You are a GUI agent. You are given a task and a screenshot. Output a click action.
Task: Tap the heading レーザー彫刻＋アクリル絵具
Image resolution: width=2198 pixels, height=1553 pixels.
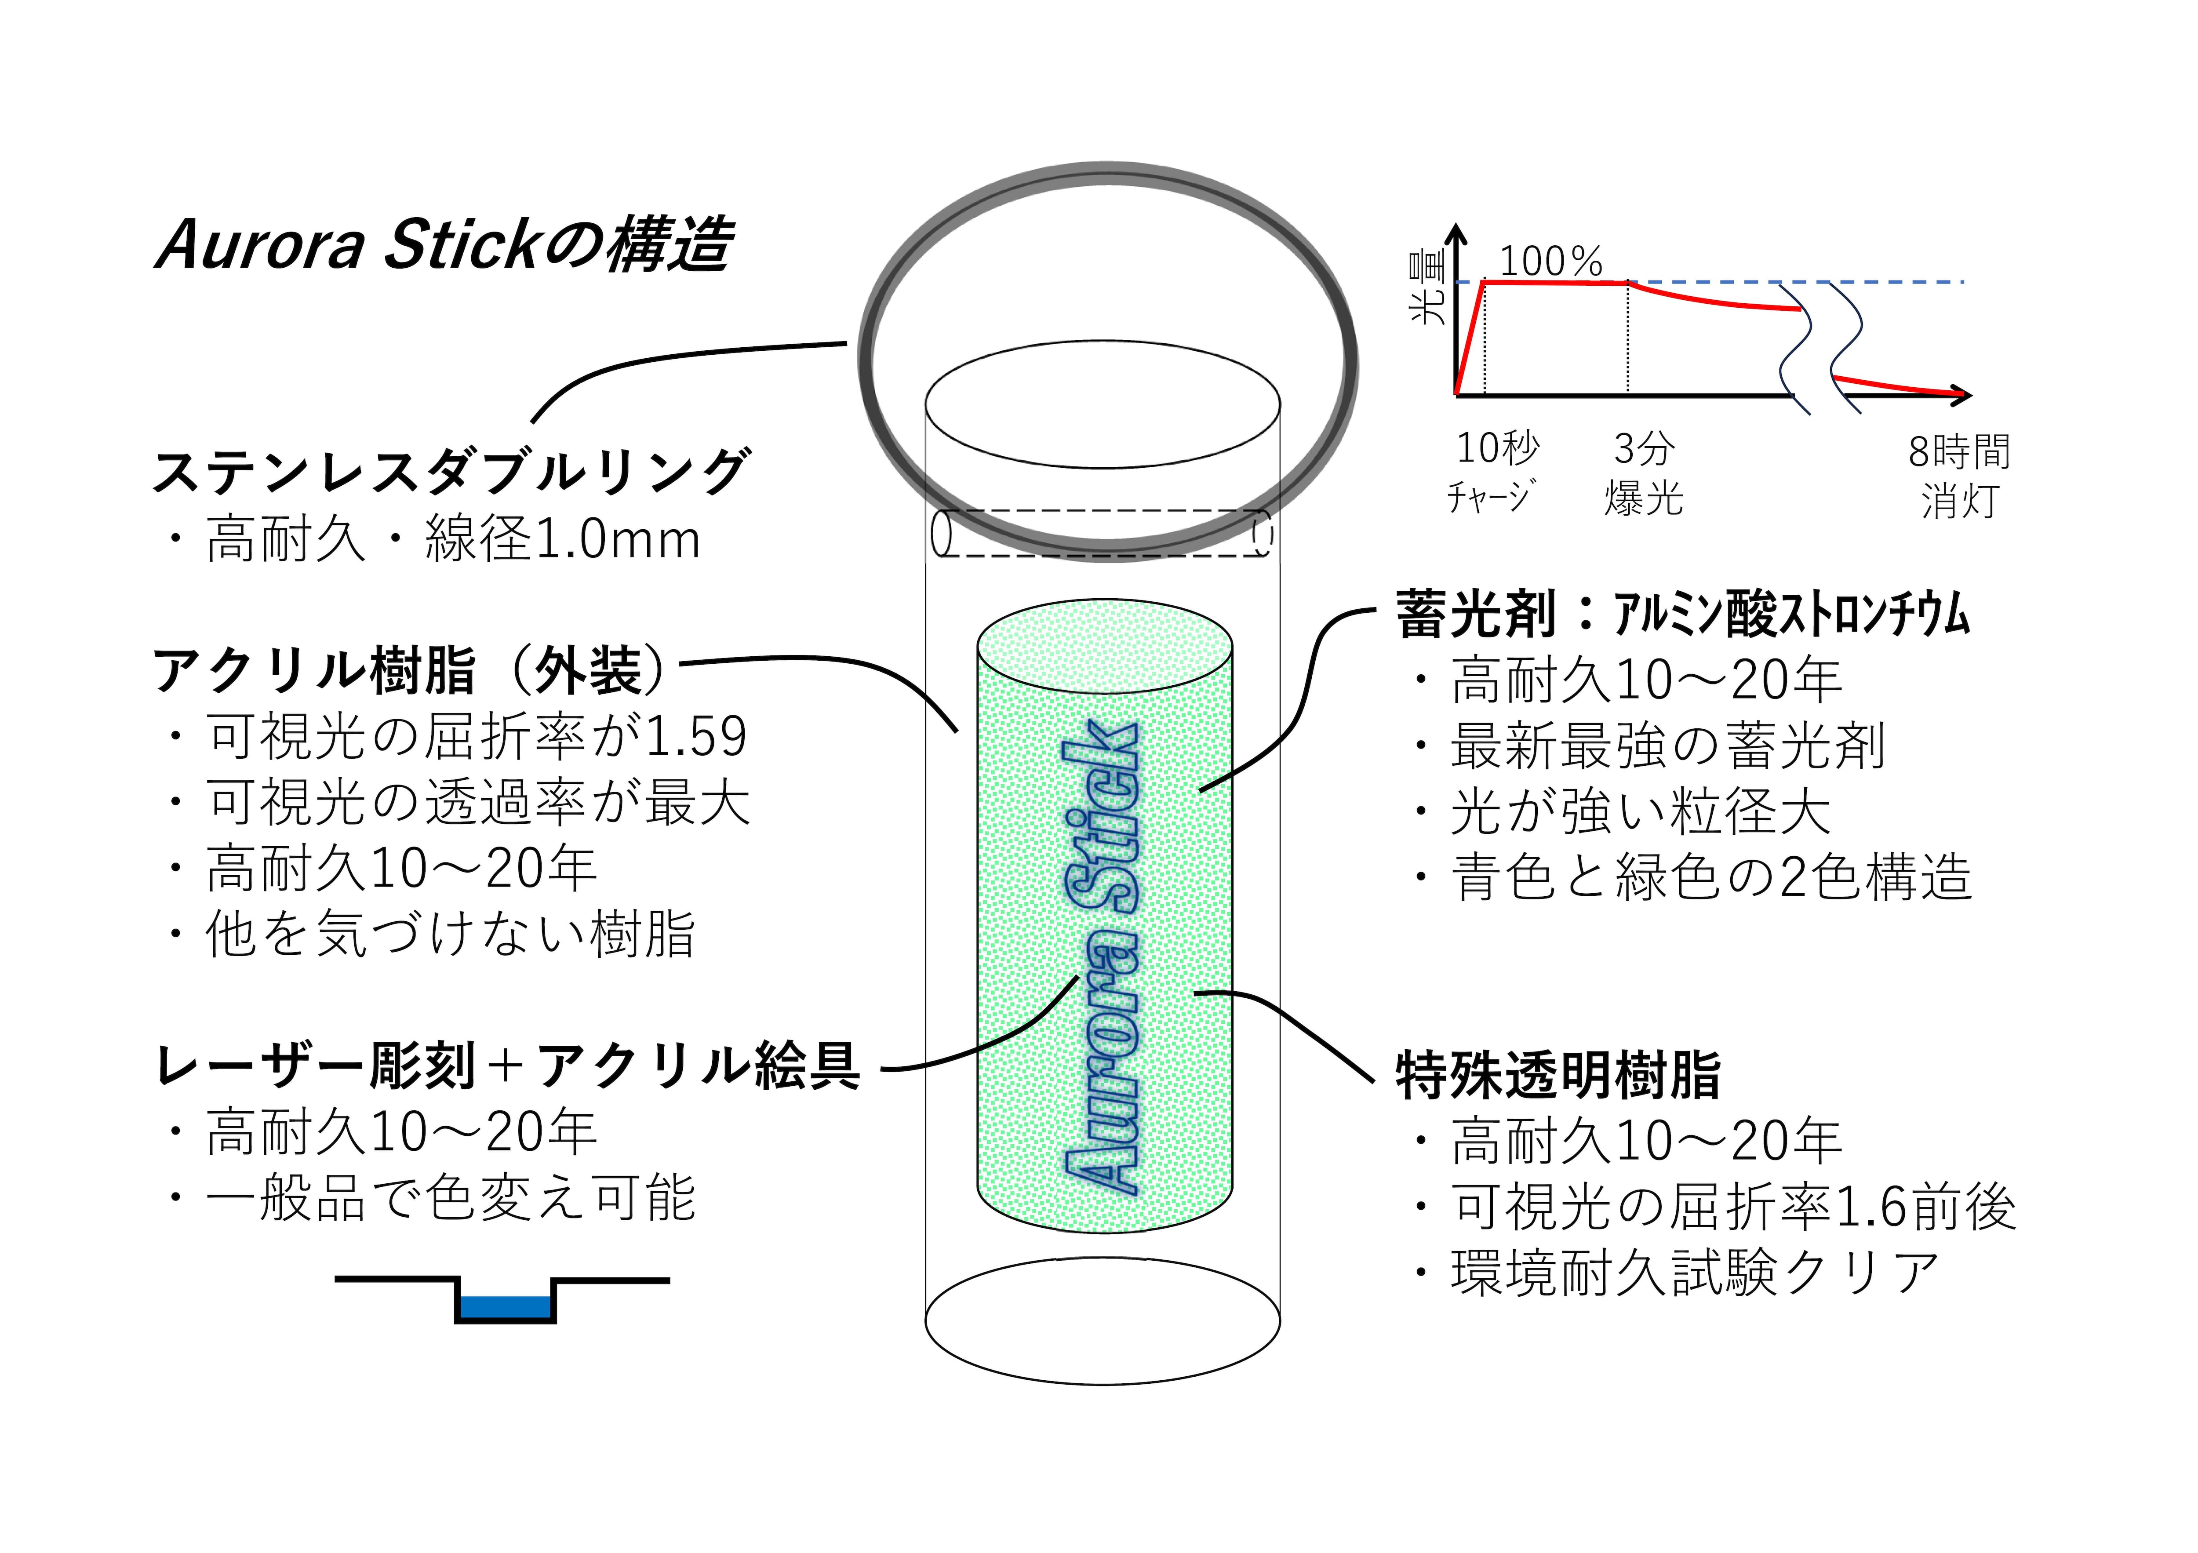pyautogui.click(x=507, y=1066)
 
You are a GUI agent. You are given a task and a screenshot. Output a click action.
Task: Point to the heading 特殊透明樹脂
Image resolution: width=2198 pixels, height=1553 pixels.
pyautogui.click(x=1558, y=1075)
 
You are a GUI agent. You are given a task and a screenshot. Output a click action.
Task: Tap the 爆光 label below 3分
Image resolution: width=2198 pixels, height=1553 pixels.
pyautogui.click(x=1644, y=498)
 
